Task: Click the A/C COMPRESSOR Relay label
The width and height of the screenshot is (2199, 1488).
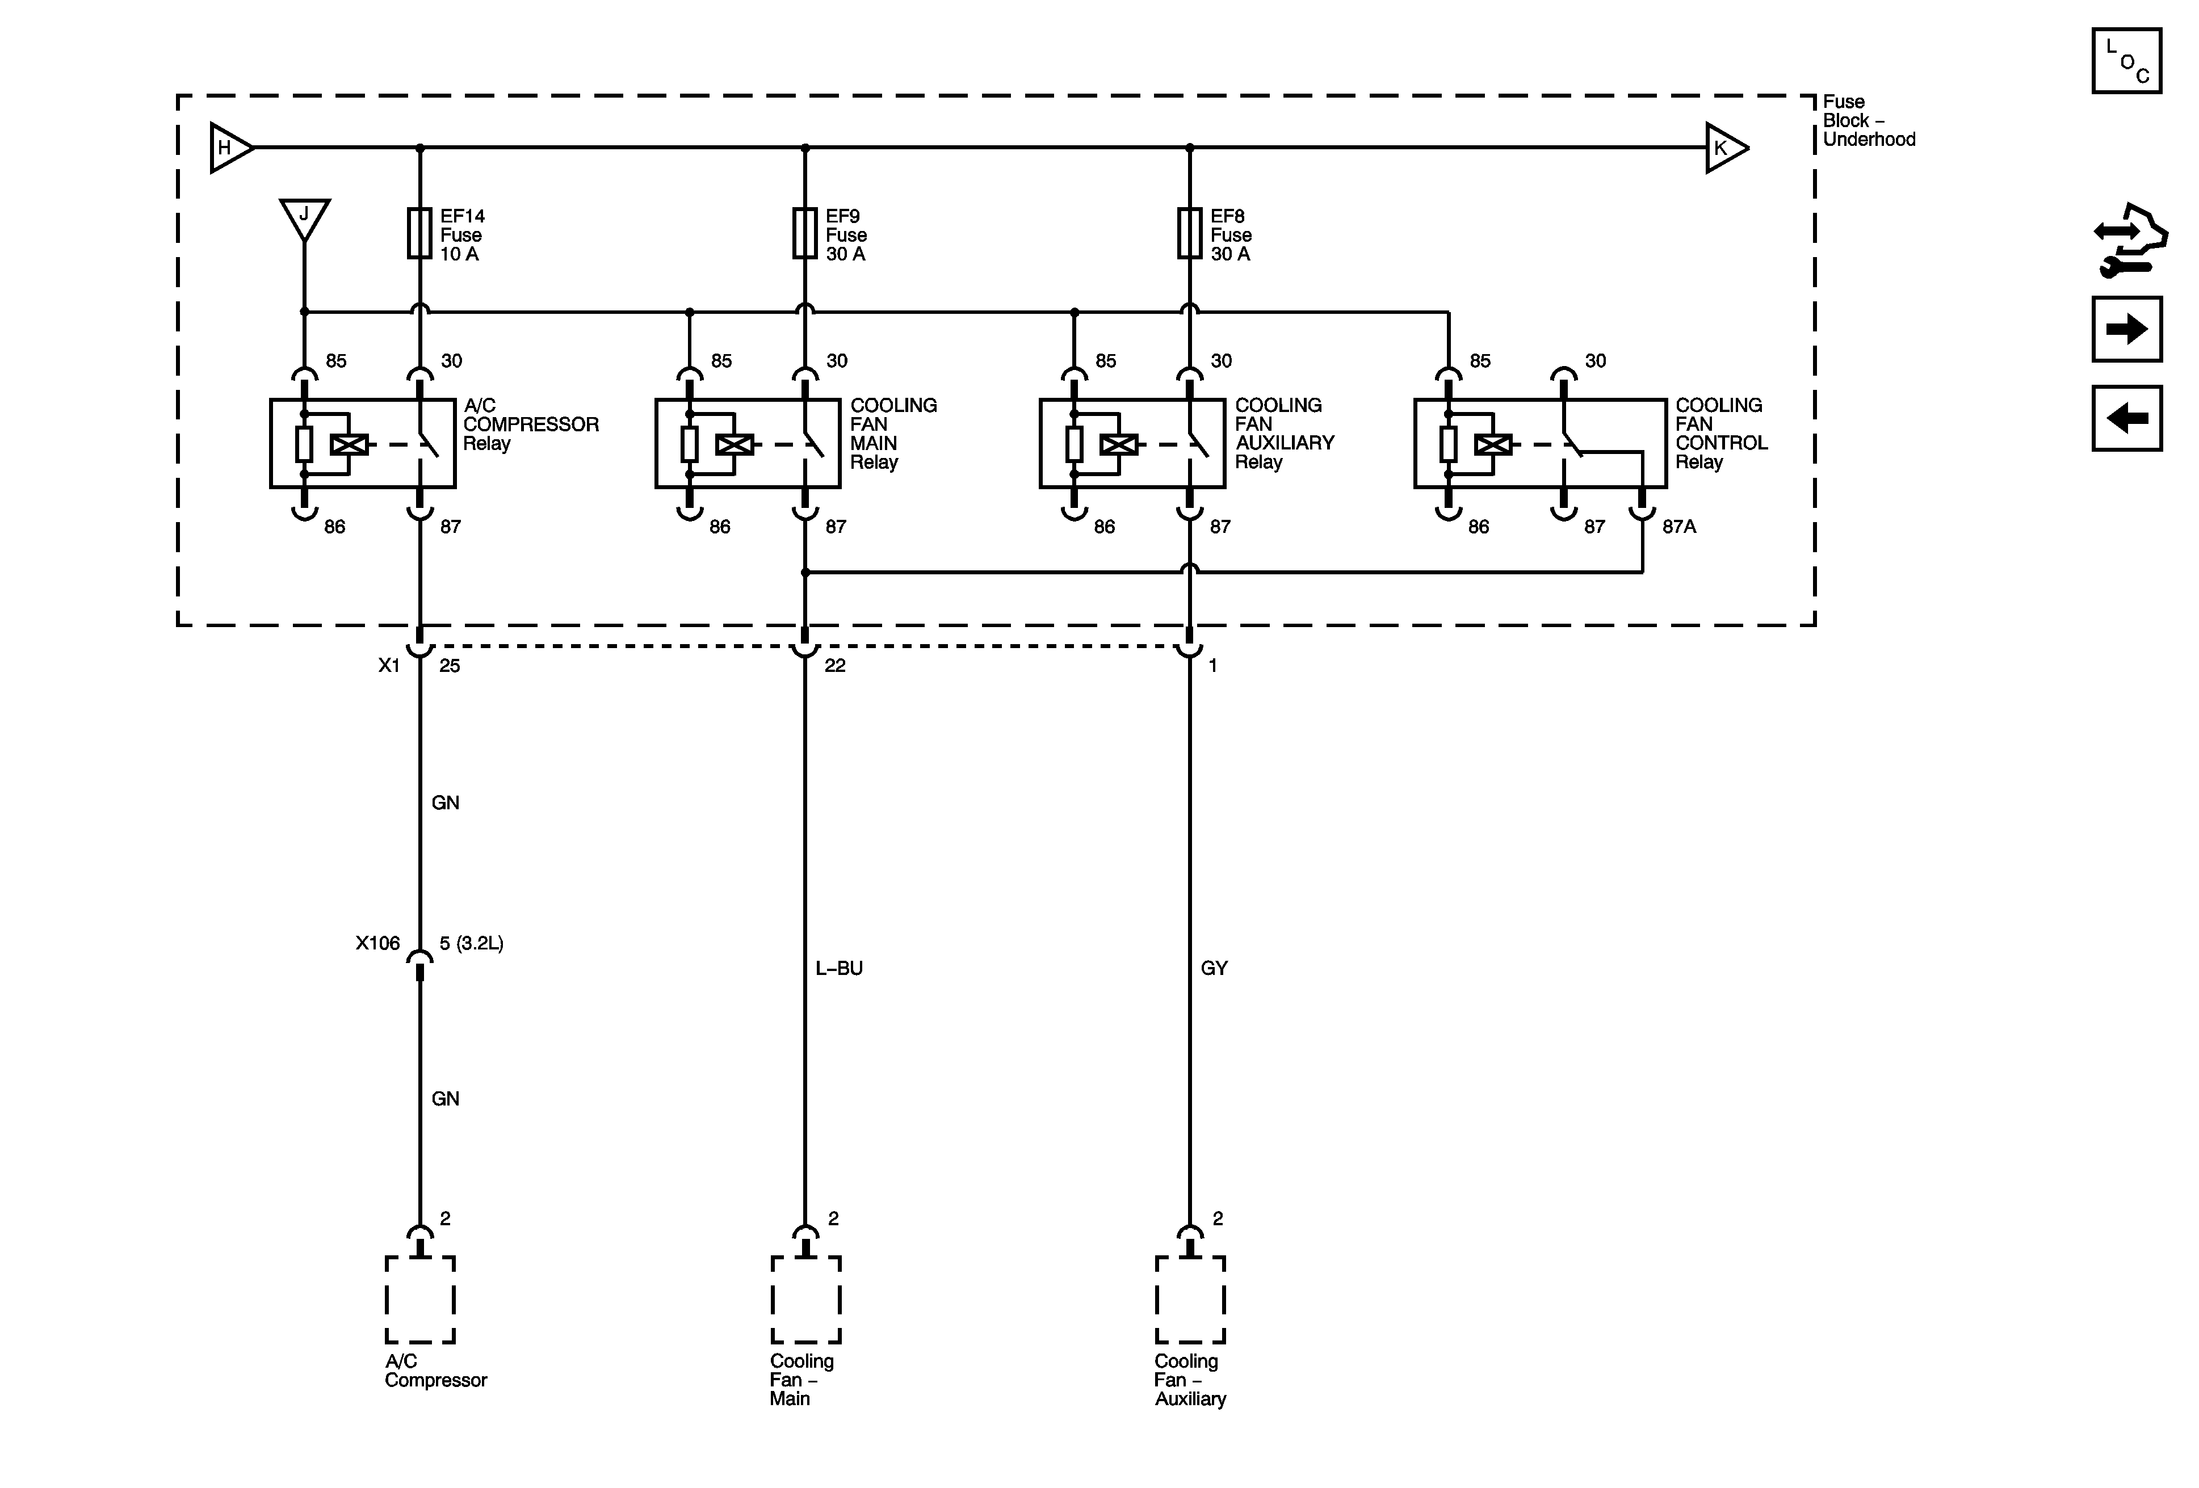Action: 530,424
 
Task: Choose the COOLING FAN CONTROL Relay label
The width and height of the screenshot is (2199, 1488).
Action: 1720,433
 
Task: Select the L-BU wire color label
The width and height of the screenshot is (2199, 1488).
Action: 838,969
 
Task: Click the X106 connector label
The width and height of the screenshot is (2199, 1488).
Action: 377,943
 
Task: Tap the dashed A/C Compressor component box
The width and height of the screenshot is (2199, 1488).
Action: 420,1300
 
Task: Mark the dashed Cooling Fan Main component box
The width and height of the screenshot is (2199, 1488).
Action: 805,1300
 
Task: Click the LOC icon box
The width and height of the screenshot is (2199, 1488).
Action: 2126,61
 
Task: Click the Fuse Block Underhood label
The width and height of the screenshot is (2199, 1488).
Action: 1868,121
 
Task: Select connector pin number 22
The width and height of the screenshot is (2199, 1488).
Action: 834,666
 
